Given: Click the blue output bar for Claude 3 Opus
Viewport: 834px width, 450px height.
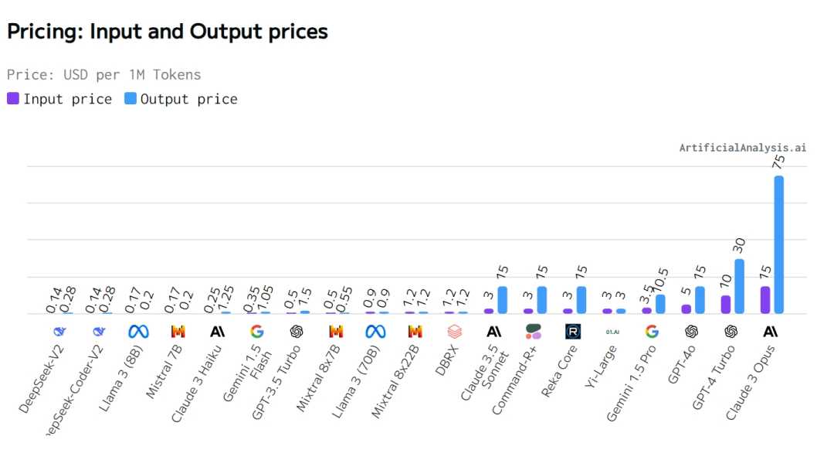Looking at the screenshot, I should [x=778, y=244].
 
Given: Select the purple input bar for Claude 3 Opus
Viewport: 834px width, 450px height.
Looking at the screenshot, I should [x=765, y=300].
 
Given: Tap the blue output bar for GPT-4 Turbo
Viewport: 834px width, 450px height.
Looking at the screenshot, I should [x=739, y=286].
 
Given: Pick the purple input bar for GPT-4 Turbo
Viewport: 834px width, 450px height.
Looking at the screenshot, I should [x=726, y=304].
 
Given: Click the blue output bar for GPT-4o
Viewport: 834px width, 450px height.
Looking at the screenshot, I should [x=700, y=300].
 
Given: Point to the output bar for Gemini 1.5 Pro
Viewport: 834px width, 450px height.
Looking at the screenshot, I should [x=660, y=304].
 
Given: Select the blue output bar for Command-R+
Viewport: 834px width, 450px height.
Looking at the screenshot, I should [x=541, y=300].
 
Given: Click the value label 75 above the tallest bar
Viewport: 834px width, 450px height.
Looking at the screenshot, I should [x=778, y=162].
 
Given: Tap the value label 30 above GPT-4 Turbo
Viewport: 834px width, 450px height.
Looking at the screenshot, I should [x=739, y=245].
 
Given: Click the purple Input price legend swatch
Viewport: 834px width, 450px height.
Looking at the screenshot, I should [x=13, y=99].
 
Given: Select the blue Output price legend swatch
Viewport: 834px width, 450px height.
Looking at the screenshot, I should [x=130, y=99].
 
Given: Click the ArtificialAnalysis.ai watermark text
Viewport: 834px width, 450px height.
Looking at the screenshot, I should [x=742, y=148].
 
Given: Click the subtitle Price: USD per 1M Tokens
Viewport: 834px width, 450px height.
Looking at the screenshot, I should [x=103, y=75].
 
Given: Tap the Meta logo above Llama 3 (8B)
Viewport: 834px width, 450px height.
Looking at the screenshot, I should [x=138, y=332].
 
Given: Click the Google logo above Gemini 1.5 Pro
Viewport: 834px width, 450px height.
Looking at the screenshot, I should [x=652, y=332].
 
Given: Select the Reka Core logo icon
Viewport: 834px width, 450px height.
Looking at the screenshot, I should [x=572, y=332].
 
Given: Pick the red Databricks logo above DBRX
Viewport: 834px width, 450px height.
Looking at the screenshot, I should [x=454, y=332].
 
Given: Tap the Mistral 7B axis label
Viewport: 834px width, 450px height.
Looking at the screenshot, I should [x=164, y=374].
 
